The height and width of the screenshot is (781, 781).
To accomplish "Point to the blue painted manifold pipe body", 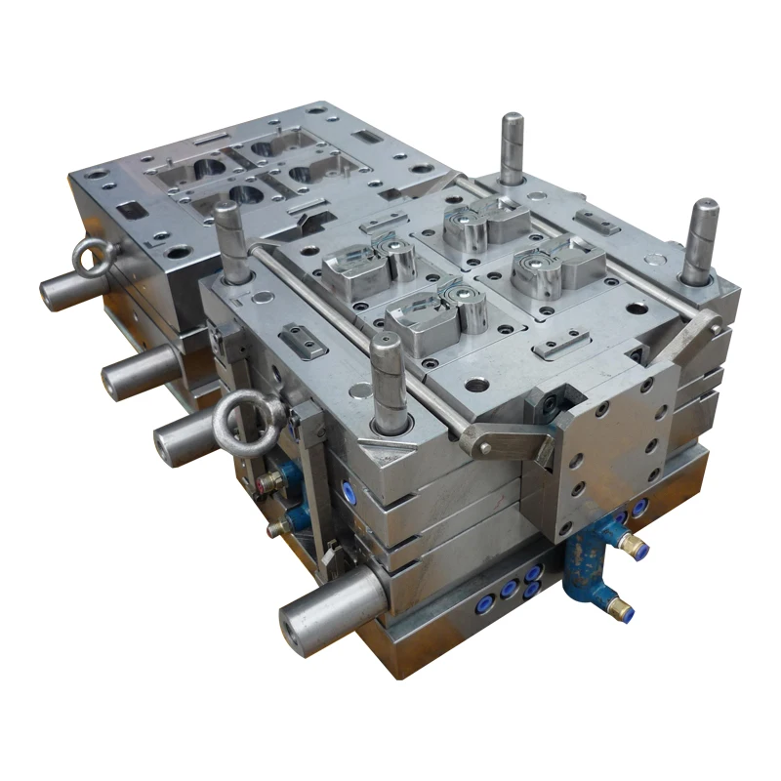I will (588, 566).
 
